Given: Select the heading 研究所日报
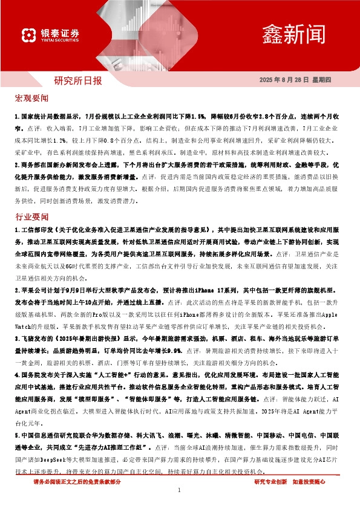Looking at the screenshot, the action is click(x=78, y=80).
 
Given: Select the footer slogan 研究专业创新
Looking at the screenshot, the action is click(x=270, y=482).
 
